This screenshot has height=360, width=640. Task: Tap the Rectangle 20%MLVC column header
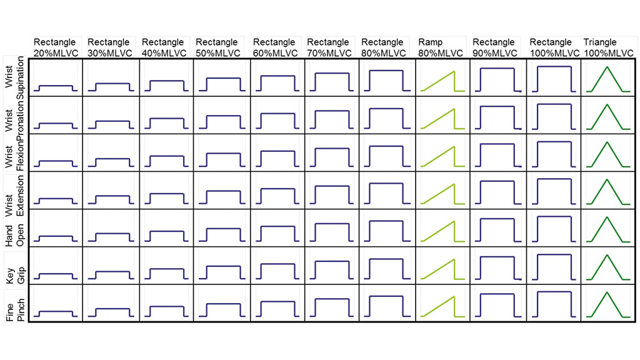[x=56, y=47]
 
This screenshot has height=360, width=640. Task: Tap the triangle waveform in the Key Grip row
[x=606, y=267]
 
